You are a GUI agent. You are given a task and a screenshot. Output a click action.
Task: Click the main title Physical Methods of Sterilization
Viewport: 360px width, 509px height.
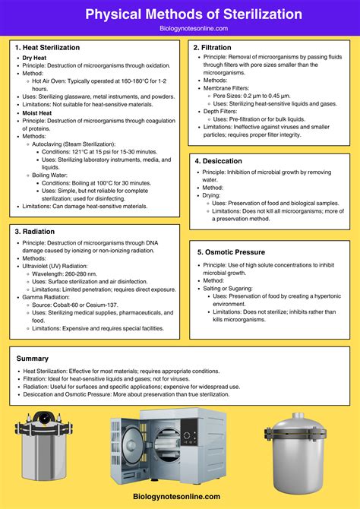(180, 14)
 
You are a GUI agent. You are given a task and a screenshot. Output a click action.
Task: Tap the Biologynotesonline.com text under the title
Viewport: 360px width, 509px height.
(180, 28)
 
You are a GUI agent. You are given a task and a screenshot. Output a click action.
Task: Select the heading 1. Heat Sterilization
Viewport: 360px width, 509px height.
(48, 47)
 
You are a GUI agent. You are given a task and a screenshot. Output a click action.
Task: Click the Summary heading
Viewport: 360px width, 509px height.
(32, 358)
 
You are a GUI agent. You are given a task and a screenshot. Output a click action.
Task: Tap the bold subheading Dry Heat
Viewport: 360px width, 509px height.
(36, 58)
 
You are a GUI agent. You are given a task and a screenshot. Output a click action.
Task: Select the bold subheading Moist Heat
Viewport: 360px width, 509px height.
(39, 112)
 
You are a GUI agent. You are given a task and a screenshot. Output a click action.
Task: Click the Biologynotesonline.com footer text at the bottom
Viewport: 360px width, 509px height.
(180, 496)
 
